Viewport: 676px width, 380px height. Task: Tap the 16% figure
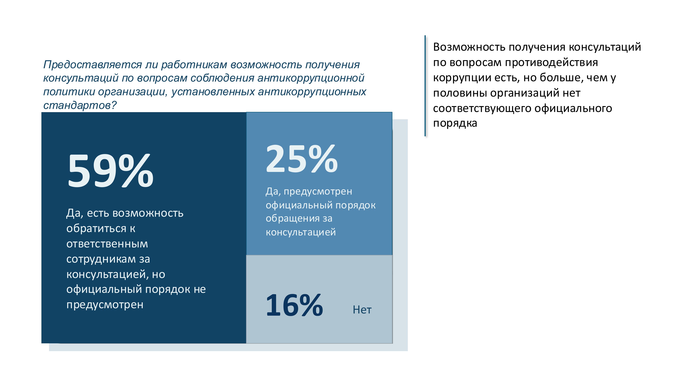294,305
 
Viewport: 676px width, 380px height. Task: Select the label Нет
362,310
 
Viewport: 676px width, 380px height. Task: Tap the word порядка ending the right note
455,123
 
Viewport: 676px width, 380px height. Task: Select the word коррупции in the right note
462,78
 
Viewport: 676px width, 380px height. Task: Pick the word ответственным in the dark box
107,244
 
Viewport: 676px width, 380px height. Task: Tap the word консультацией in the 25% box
301,232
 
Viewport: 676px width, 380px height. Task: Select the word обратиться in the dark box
96,228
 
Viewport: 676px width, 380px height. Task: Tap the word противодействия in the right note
551,62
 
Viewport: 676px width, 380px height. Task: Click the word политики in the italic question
69,92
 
